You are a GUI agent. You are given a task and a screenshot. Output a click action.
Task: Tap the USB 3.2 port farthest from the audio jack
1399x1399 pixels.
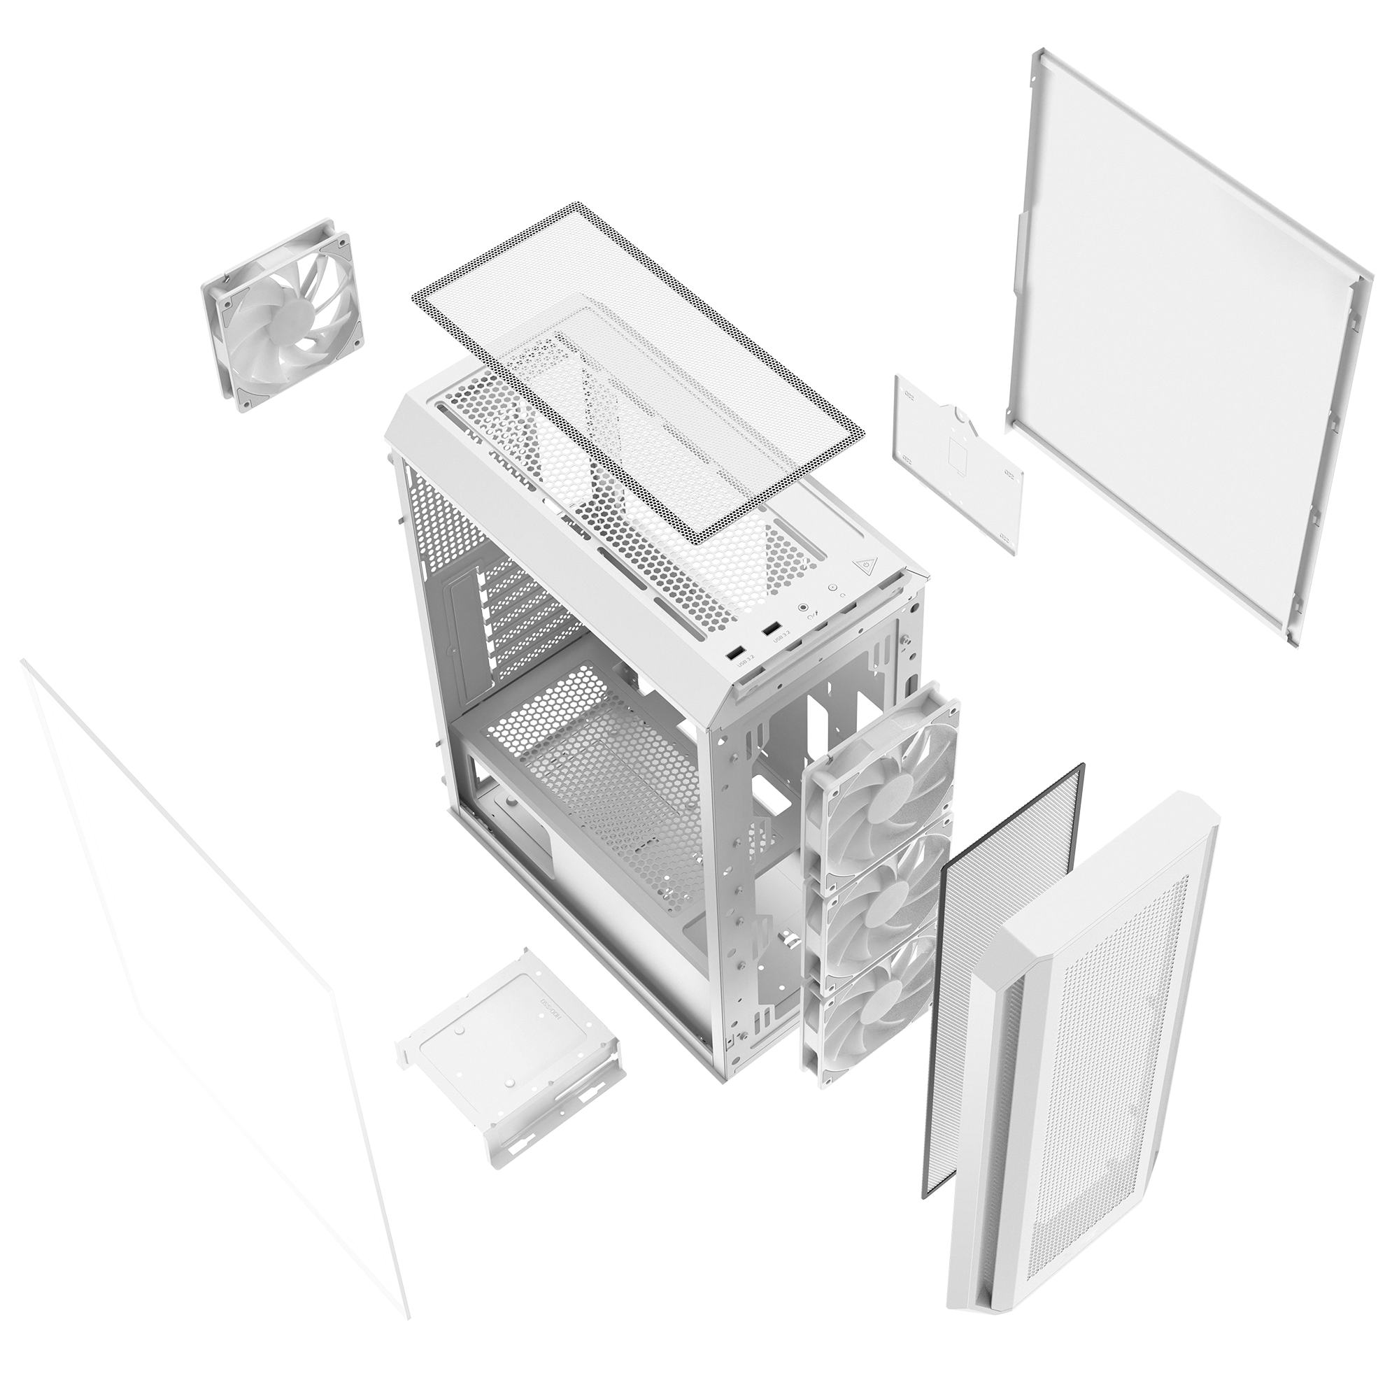tap(735, 655)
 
